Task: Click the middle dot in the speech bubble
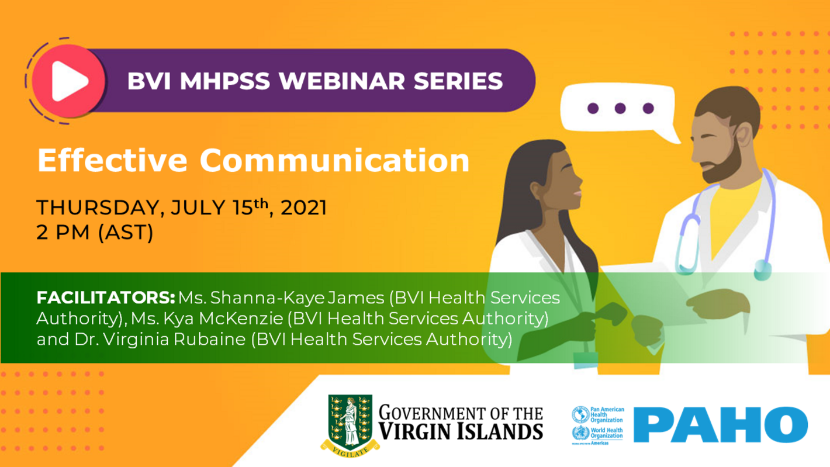620,108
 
